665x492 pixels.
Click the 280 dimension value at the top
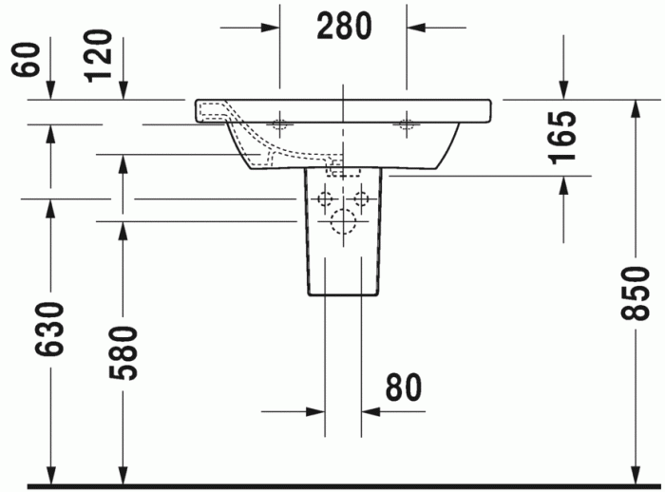[343, 26]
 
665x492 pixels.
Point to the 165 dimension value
[562, 139]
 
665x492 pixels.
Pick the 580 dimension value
[123, 352]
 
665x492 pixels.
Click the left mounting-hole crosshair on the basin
[280, 123]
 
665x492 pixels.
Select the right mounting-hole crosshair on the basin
[408, 123]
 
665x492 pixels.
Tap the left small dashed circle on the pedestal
[325, 199]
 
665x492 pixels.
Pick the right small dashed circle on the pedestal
[361, 199]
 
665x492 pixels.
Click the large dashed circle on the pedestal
[342, 223]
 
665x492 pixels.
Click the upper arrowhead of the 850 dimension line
[634, 106]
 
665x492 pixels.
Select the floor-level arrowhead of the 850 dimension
[634, 475]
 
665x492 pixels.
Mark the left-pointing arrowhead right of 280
[417, 26]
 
